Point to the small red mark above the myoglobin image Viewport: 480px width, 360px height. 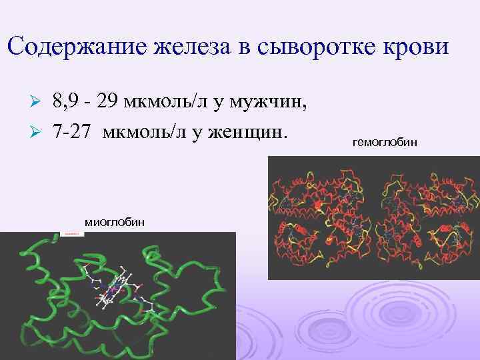coord(73,234)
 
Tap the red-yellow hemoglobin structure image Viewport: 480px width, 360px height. coord(373,217)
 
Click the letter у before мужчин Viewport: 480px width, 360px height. coord(200,103)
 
